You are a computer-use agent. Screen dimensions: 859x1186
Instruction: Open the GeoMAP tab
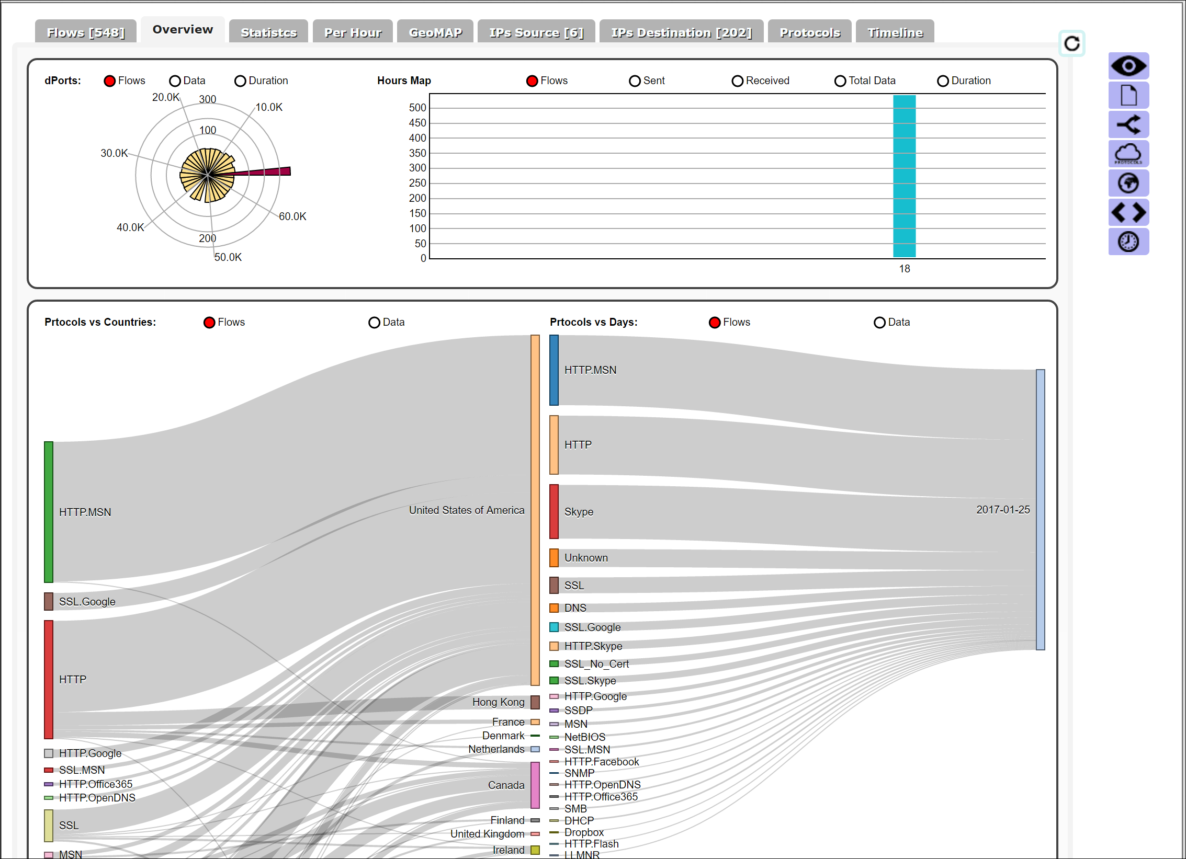tap(435, 32)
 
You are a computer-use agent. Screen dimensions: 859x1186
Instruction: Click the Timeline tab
tap(895, 32)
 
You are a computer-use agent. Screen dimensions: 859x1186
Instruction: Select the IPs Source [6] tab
tap(536, 32)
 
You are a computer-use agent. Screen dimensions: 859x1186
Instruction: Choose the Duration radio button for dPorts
tap(241, 81)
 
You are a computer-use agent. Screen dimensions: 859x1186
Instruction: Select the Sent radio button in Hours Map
tap(635, 81)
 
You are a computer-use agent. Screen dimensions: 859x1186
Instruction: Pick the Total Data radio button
tap(840, 81)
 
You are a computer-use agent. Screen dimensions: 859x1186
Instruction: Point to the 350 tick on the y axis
tap(417, 153)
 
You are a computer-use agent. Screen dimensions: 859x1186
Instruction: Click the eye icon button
tap(1128, 66)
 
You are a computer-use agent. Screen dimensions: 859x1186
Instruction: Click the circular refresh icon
tap(1072, 43)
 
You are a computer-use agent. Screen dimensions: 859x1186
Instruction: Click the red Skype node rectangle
tap(554, 511)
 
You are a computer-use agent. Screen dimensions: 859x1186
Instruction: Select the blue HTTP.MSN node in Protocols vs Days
tap(554, 370)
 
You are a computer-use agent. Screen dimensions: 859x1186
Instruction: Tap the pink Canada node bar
tap(535, 785)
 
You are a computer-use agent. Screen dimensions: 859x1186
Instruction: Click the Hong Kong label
tap(498, 702)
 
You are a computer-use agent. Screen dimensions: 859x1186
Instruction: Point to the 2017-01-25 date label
tap(1003, 510)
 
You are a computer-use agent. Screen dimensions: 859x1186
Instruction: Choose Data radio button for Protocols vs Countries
tap(374, 323)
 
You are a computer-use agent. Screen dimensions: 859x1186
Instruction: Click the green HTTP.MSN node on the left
tap(49, 512)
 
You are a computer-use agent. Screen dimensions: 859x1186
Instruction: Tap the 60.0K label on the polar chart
tap(292, 216)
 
